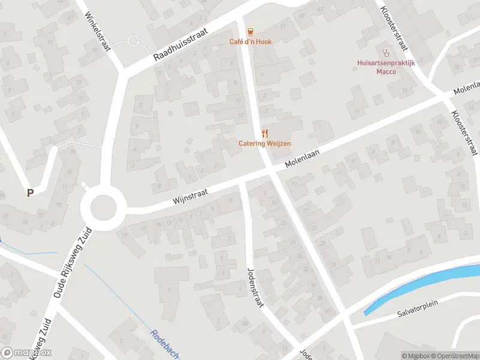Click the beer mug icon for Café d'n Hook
[250, 31]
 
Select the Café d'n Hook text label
[250, 41]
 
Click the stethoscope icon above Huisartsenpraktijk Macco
[386, 53]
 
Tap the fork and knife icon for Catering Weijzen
[265, 133]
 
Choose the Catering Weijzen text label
[265, 143]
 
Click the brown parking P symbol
[30, 193]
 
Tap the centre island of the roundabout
[101, 208]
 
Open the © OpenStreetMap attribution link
[451, 356]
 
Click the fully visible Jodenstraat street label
[254, 286]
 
